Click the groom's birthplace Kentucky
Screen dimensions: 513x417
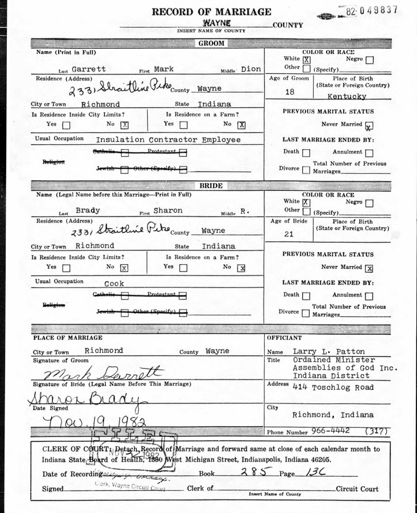pyautogui.click(x=366, y=98)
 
